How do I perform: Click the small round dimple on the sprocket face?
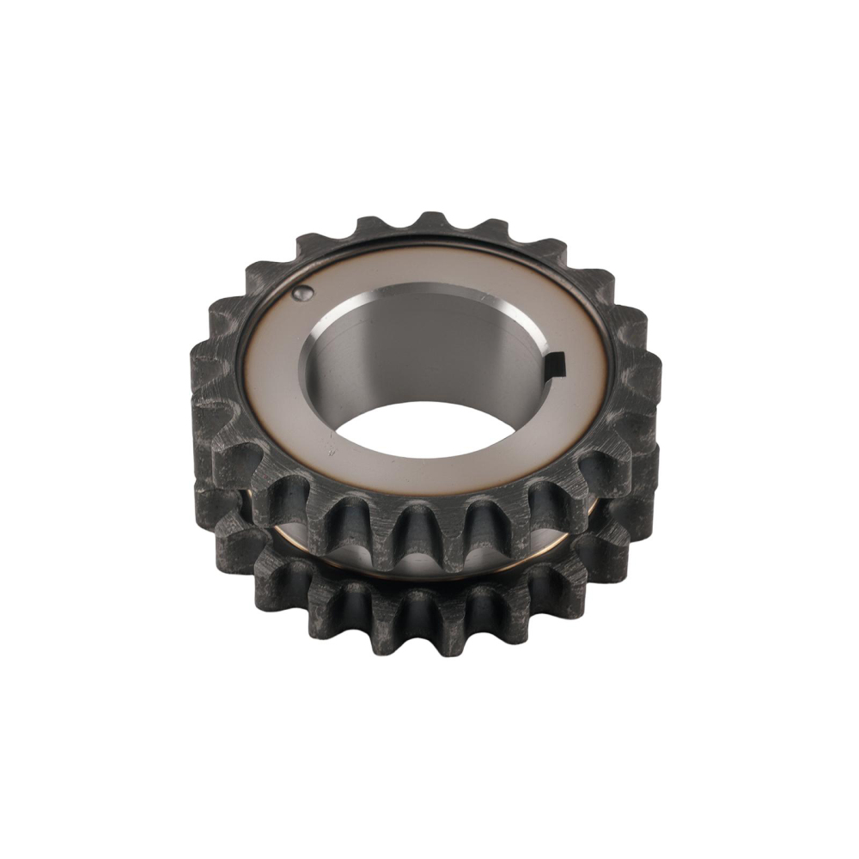click(x=301, y=294)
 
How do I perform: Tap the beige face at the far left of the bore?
click(x=271, y=378)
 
